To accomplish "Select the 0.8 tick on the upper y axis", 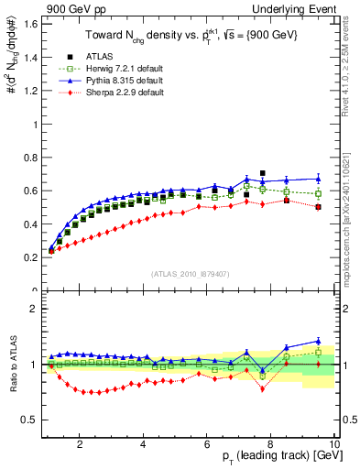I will coord(29,157).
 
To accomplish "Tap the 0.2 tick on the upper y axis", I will coord(29,257).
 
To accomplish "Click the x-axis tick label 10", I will coord(334,444).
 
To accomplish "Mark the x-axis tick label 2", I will coord(81,444).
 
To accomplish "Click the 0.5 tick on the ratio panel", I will coord(29,420).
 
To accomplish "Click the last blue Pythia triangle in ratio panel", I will coord(318,341).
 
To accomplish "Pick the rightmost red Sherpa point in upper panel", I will coord(318,207).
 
